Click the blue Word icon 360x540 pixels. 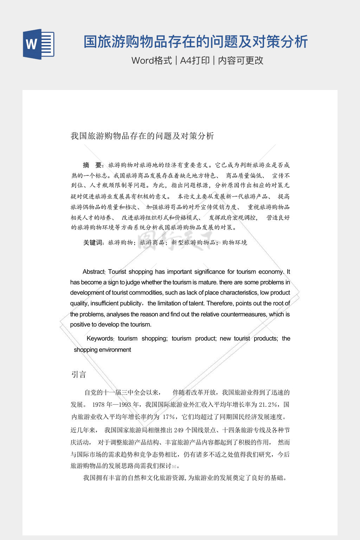(x=39, y=44)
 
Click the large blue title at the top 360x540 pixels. (x=195, y=41)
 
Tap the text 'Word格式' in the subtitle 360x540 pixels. (x=152, y=60)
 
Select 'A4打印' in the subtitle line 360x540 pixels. (x=195, y=60)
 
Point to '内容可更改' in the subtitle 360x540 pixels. (x=240, y=60)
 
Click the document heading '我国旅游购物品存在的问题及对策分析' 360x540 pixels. (x=142, y=136)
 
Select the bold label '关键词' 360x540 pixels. (x=93, y=242)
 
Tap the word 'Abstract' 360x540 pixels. (x=94, y=272)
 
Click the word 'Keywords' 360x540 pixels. (x=100, y=339)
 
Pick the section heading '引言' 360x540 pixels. (x=79, y=375)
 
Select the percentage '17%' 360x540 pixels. (x=169, y=417)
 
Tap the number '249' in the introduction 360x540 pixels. (x=179, y=430)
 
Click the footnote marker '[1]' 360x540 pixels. (x=174, y=467)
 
